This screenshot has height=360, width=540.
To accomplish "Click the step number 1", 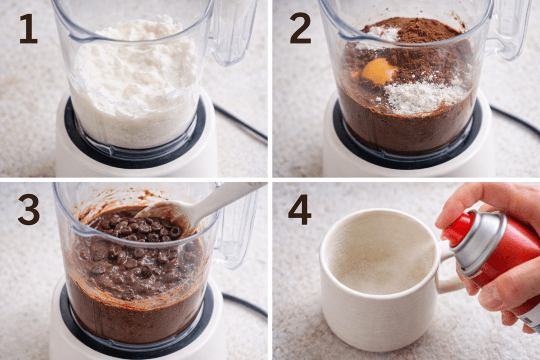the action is [28, 29].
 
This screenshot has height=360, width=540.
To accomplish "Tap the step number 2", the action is [300, 28].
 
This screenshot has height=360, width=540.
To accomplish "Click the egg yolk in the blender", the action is [379, 71].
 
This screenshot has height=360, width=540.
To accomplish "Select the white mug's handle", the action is [448, 272].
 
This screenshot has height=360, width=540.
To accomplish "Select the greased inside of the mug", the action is [378, 255].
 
